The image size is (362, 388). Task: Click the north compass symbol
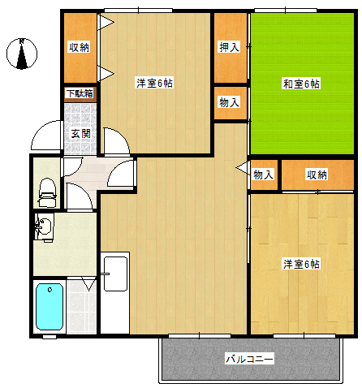point(22,54)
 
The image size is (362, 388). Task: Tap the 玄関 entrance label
point(80,134)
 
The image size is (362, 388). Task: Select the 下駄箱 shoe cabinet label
point(80,93)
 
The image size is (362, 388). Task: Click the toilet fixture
point(48,192)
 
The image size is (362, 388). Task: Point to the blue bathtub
point(50,307)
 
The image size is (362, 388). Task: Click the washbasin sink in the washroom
point(43,226)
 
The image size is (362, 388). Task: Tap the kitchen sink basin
point(116,274)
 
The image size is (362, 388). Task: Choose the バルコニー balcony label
point(249,359)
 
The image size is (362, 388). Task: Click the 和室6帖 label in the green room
point(301,84)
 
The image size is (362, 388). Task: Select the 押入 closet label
point(230,47)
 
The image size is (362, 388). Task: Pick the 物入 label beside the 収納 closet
point(263,175)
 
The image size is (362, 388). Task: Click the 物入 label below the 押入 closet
point(230,103)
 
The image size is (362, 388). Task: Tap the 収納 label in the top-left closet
point(79,47)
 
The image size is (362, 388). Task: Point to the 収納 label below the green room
point(317,175)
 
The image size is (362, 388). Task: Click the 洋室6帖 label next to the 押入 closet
point(155,83)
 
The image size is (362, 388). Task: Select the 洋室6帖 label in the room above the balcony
point(301,264)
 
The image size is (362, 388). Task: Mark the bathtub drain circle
point(50,290)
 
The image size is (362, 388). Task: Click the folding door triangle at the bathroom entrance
point(89,283)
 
